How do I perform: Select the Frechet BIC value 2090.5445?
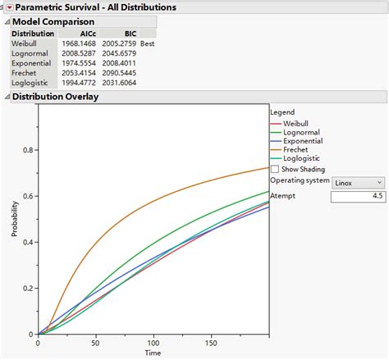coord(118,73)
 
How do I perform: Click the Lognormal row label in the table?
coord(30,52)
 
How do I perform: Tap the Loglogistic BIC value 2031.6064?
coord(118,83)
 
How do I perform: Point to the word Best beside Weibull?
coord(149,43)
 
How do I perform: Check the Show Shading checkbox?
coord(274,169)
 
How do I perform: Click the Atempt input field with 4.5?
coord(358,197)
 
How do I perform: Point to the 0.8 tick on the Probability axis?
coord(29,150)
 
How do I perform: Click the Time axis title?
coord(153,353)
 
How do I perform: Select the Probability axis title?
coord(15,219)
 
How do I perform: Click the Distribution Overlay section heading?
coord(57,97)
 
